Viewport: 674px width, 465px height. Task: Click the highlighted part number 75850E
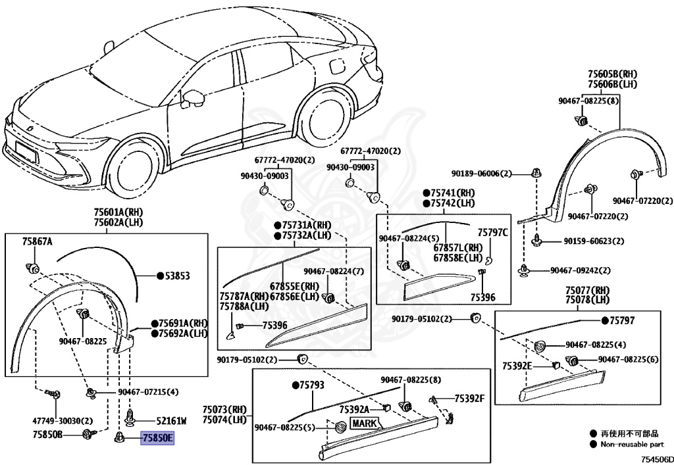157,439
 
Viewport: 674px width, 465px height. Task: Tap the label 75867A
37,242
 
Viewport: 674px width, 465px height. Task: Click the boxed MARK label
365,424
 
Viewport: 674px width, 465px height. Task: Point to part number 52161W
171,422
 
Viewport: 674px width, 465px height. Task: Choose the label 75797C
492,233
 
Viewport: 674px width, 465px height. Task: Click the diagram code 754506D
658,460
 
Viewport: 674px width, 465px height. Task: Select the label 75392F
469,399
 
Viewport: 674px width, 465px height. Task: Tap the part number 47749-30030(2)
63,421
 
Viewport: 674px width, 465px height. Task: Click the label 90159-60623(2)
594,242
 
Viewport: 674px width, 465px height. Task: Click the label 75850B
47,435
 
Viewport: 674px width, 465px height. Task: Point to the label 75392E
517,366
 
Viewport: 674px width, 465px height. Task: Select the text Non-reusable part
633,445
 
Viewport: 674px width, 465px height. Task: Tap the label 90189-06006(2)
482,174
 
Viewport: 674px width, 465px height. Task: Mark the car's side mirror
193,98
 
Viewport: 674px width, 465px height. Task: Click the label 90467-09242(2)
581,271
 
